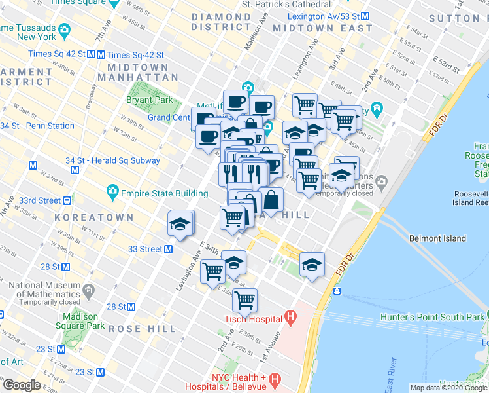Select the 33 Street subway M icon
168,249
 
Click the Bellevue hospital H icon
275,379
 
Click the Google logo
22,385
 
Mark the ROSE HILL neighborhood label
142,328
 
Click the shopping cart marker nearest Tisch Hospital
244,301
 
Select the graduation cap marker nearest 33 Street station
181,223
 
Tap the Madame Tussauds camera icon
64,30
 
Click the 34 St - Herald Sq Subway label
112,160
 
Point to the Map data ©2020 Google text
448,388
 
